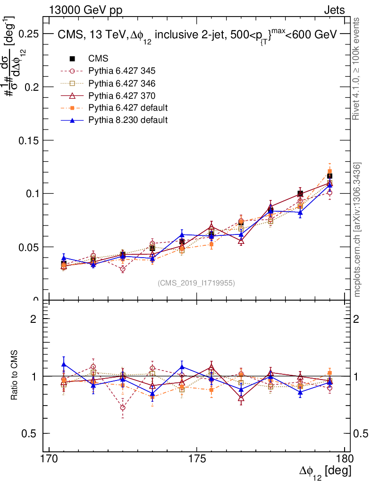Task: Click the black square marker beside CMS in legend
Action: tap(73, 59)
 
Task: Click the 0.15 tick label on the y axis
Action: tap(29, 140)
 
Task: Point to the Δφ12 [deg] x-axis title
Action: tap(325, 472)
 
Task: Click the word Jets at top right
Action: tap(334, 10)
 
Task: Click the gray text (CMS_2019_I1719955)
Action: tap(196, 283)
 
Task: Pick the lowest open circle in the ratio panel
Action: tap(123, 407)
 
